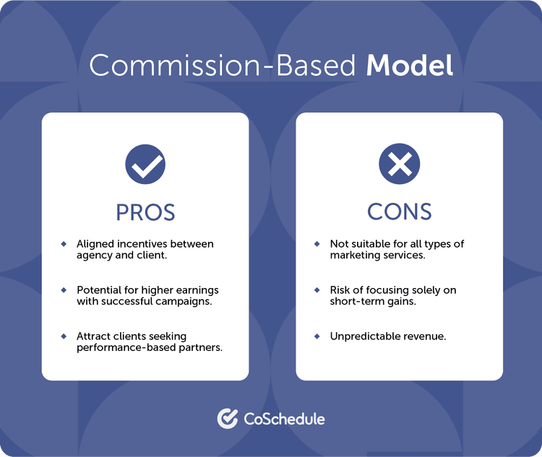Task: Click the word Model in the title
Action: [409, 66]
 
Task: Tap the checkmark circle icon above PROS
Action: [145, 165]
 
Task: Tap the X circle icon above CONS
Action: [399, 165]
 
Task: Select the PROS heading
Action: [145, 212]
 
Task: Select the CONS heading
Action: [399, 212]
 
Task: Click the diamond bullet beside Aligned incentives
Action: [64, 244]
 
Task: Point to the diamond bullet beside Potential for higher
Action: [64, 290]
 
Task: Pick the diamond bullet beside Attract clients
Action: [64, 336]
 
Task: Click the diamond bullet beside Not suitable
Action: [317, 244]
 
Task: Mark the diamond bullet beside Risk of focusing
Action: [317, 290]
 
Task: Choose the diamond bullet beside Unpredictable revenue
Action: [317, 336]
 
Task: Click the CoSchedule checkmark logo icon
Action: [228, 419]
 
